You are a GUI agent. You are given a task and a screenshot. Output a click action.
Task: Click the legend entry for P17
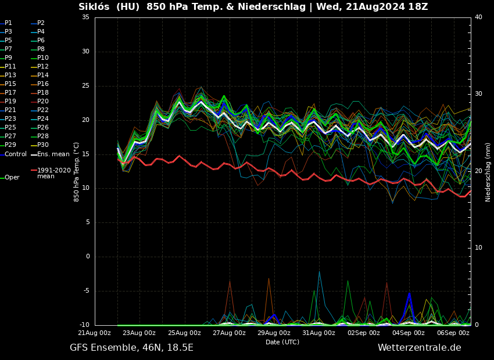click(x=10, y=93)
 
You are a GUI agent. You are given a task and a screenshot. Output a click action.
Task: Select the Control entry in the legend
click(x=16, y=154)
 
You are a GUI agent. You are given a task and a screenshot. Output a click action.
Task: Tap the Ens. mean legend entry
click(x=53, y=154)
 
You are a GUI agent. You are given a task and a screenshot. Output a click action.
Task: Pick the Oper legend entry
click(x=12, y=178)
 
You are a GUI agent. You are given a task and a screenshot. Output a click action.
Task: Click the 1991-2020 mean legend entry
click(x=53, y=173)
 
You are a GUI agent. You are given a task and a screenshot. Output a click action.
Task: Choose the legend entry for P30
click(x=43, y=145)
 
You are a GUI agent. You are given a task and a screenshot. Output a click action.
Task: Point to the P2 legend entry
click(x=41, y=23)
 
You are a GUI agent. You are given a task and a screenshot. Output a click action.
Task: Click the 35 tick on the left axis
click(x=85, y=17)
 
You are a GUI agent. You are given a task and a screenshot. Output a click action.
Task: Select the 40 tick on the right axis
click(x=478, y=17)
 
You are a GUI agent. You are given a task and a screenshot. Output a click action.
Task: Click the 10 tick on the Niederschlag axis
click(x=478, y=248)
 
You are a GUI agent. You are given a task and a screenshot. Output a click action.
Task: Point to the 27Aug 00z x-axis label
click(x=229, y=333)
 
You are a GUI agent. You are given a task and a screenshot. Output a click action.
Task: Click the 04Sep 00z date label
click(x=409, y=333)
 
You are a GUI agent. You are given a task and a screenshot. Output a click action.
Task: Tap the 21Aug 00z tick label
click(x=95, y=333)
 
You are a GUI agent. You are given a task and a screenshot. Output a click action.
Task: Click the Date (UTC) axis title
click(x=282, y=342)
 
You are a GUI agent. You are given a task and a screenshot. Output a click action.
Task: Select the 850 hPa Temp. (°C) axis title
click(x=77, y=171)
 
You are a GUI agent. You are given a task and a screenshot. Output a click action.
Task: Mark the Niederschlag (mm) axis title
click(x=488, y=172)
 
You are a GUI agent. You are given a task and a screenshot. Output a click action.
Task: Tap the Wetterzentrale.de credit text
click(x=419, y=348)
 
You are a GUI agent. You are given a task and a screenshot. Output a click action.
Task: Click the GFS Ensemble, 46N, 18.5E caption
click(x=131, y=348)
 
